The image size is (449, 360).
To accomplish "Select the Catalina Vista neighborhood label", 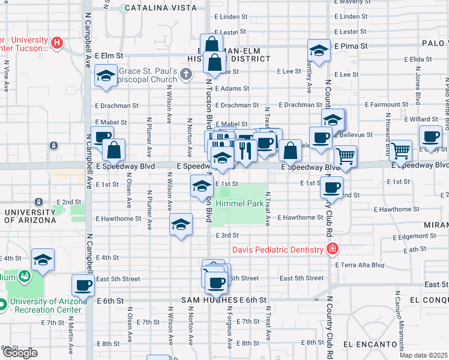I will click(x=160, y=8).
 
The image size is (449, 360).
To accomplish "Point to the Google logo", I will click(x=20, y=353).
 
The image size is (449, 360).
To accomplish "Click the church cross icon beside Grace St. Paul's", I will click(x=186, y=74).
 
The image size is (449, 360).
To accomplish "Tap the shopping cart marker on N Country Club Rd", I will click(x=345, y=157).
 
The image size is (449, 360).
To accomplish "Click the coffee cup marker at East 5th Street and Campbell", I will click(x=83, y=285).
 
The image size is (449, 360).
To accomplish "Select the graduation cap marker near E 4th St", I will click(x=43, y=260).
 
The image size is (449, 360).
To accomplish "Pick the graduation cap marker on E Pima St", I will click(x=319, y=50).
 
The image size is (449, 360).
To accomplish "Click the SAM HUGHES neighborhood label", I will click(x=209, y=300).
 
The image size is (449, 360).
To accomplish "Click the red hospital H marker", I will click(x=56, y=43).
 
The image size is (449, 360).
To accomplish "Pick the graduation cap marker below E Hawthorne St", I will click(x=181, y=224).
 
